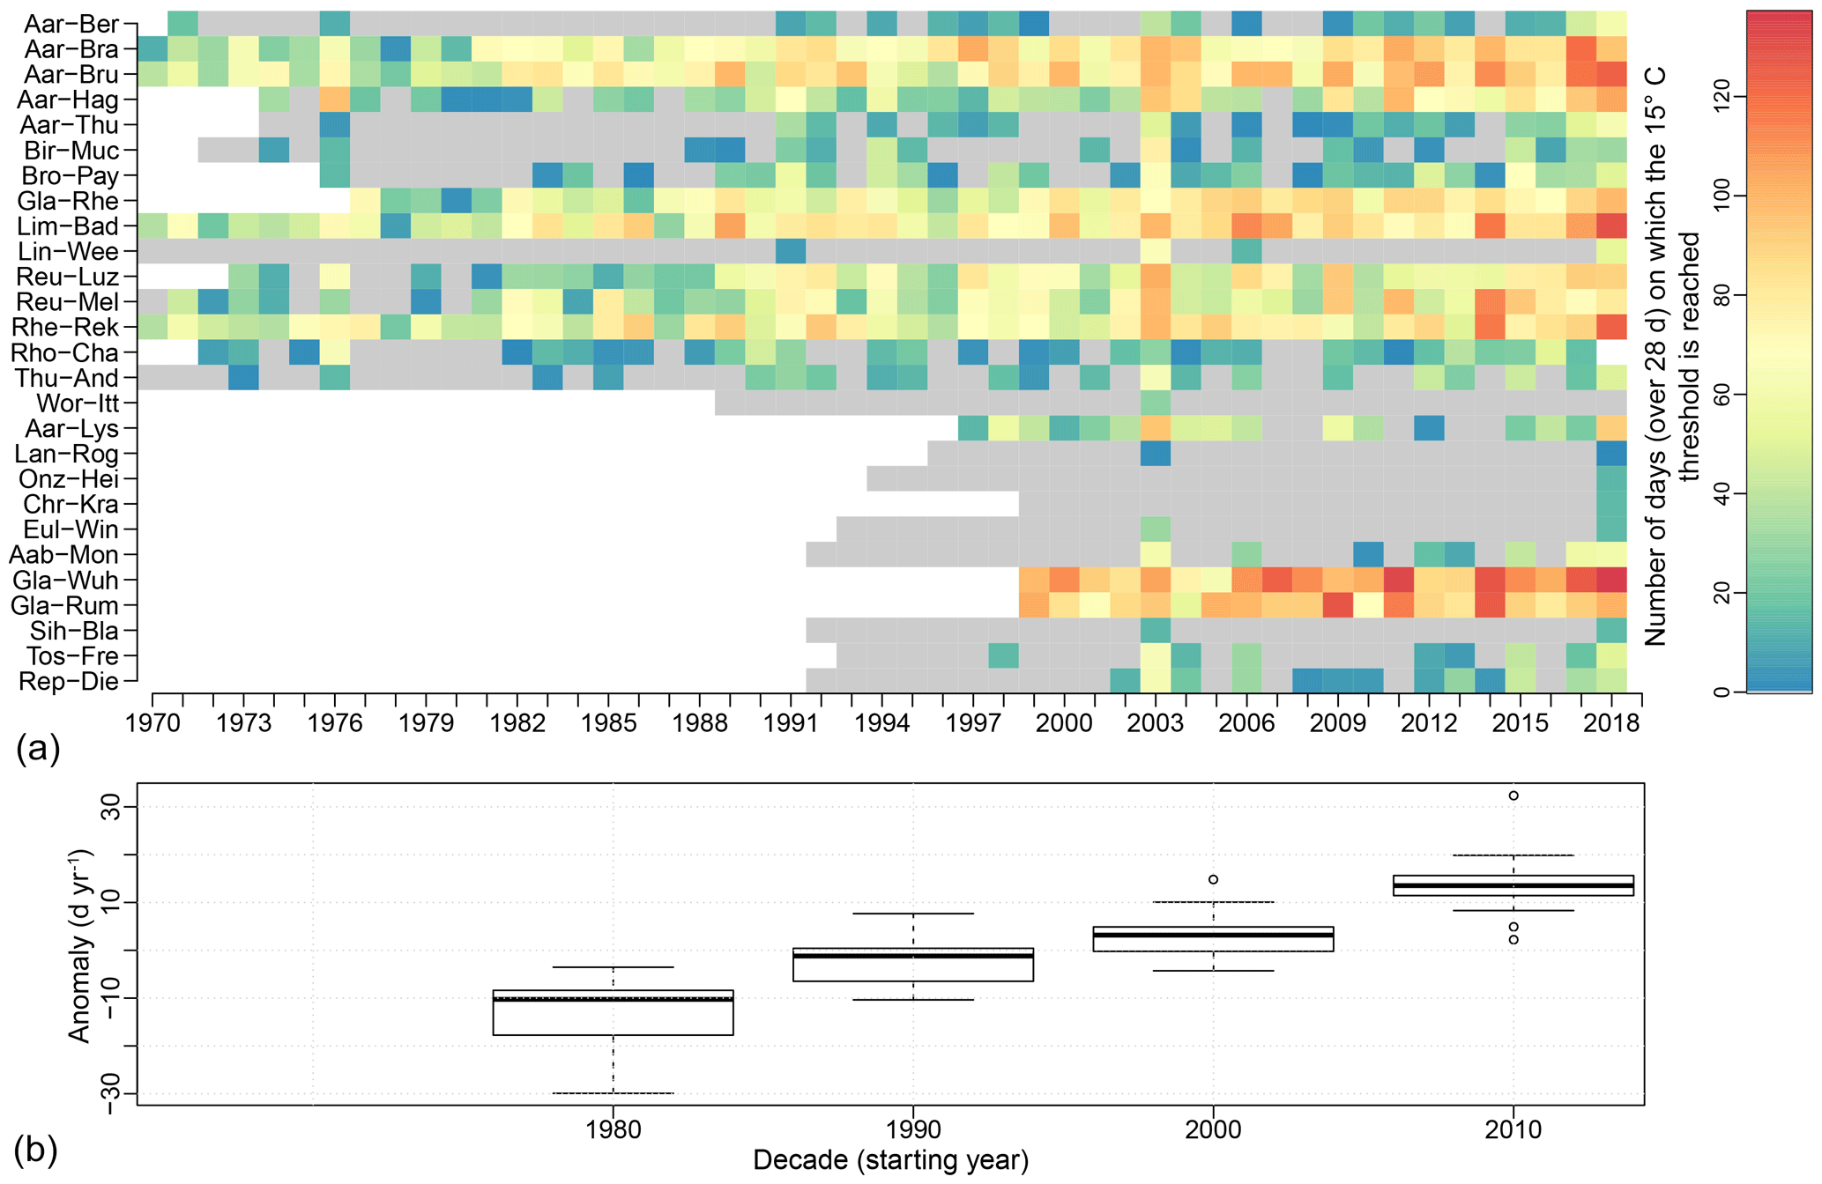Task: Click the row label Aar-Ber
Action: click(71, 24)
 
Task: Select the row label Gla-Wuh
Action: click(65, 581)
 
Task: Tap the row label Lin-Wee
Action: click(68, 252)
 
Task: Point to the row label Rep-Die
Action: click(68, 682)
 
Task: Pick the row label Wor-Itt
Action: click(78, 403)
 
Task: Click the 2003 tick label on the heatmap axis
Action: click(1155, 723)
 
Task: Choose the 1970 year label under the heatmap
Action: click(152, 723)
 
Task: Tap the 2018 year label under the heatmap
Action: click(1611, 723)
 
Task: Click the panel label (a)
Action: click(37, 749)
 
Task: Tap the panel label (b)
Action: click(36, 1150)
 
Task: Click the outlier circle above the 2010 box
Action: click(1513, 795)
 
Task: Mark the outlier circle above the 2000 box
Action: click(1214, 879)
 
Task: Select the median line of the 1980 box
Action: click(614, 999)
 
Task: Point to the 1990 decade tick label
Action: click(913, 1129)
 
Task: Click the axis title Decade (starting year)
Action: click(890, 1161)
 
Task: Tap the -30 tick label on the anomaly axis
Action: click(109, 1094)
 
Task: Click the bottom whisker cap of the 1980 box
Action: click(614, 1093)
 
